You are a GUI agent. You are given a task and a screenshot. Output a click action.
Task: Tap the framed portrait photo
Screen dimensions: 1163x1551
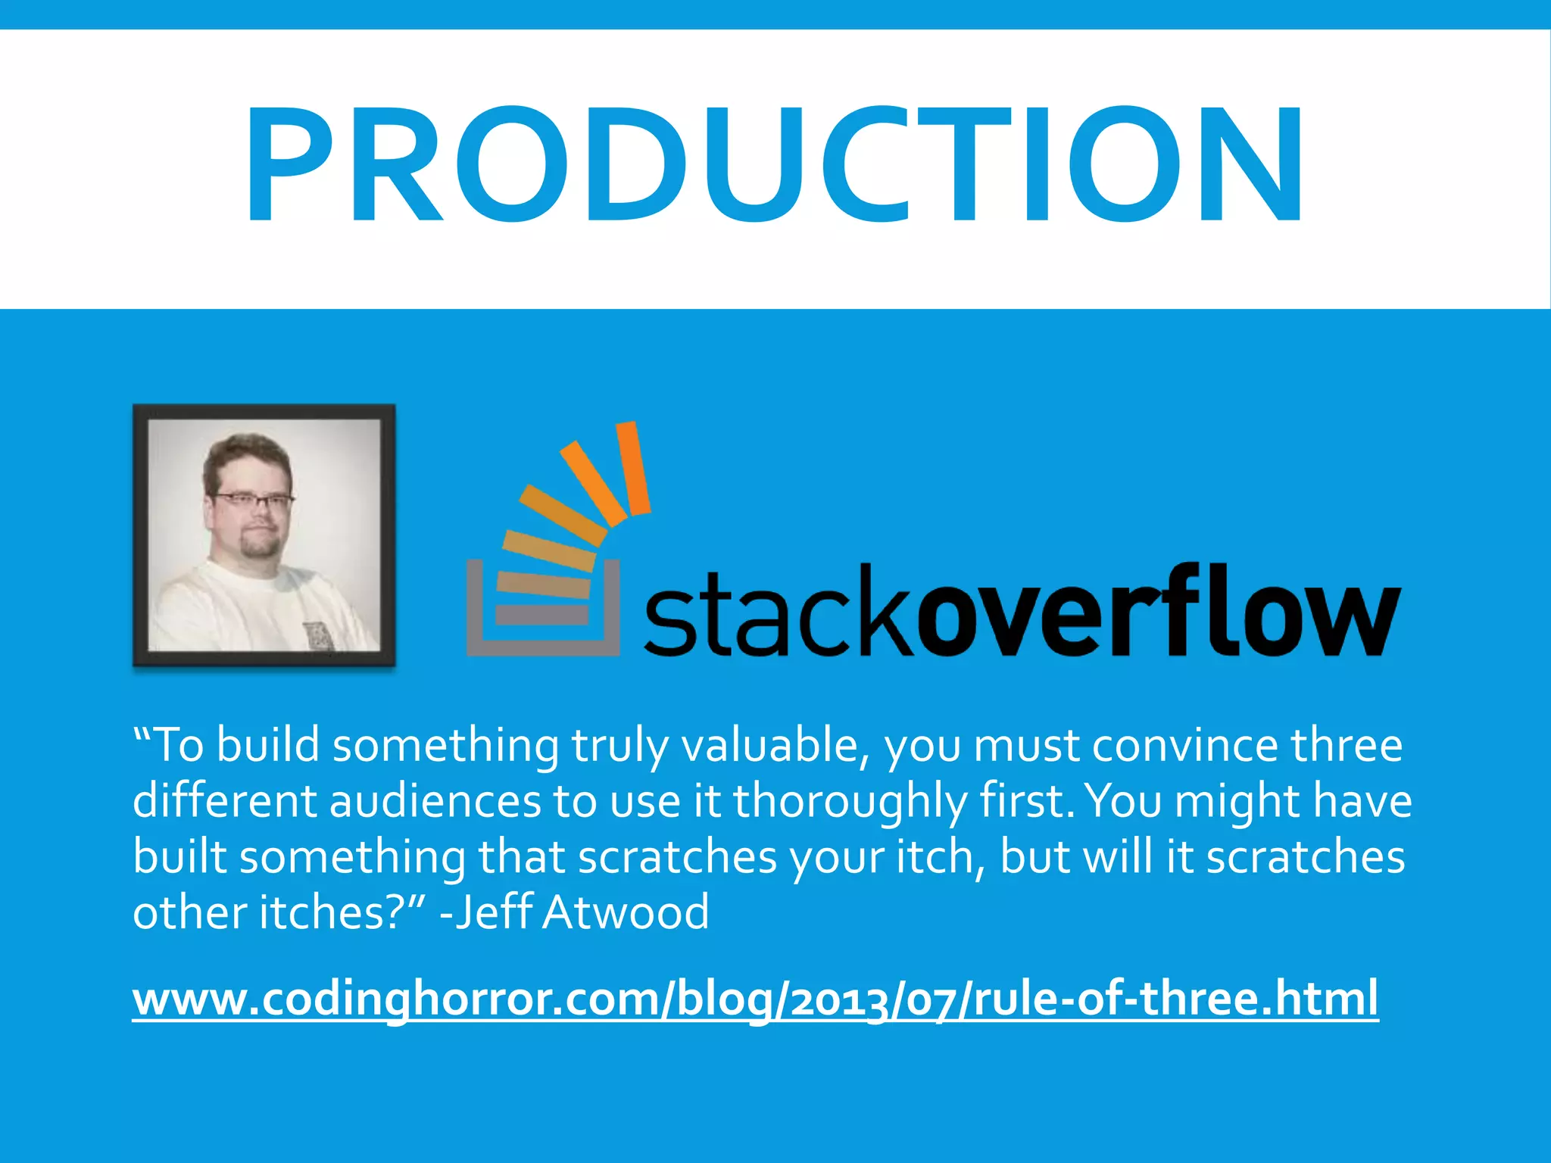click(264, 535)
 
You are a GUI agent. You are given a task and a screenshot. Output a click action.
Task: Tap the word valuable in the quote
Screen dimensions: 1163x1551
click(776, 746)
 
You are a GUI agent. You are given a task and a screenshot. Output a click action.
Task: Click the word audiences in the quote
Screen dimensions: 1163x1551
click(435, 801)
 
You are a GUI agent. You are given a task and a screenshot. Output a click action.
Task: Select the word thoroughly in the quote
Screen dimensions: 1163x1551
click(850, 801)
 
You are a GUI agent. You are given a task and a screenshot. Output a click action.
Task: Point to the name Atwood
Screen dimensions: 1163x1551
click(626, 912)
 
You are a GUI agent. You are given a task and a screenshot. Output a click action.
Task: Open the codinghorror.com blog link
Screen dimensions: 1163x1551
click(755, 999)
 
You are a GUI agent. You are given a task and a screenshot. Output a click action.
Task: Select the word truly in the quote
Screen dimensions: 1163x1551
click(620, 746)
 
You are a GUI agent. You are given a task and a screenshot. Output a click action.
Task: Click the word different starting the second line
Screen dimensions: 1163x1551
click(224, 801)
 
